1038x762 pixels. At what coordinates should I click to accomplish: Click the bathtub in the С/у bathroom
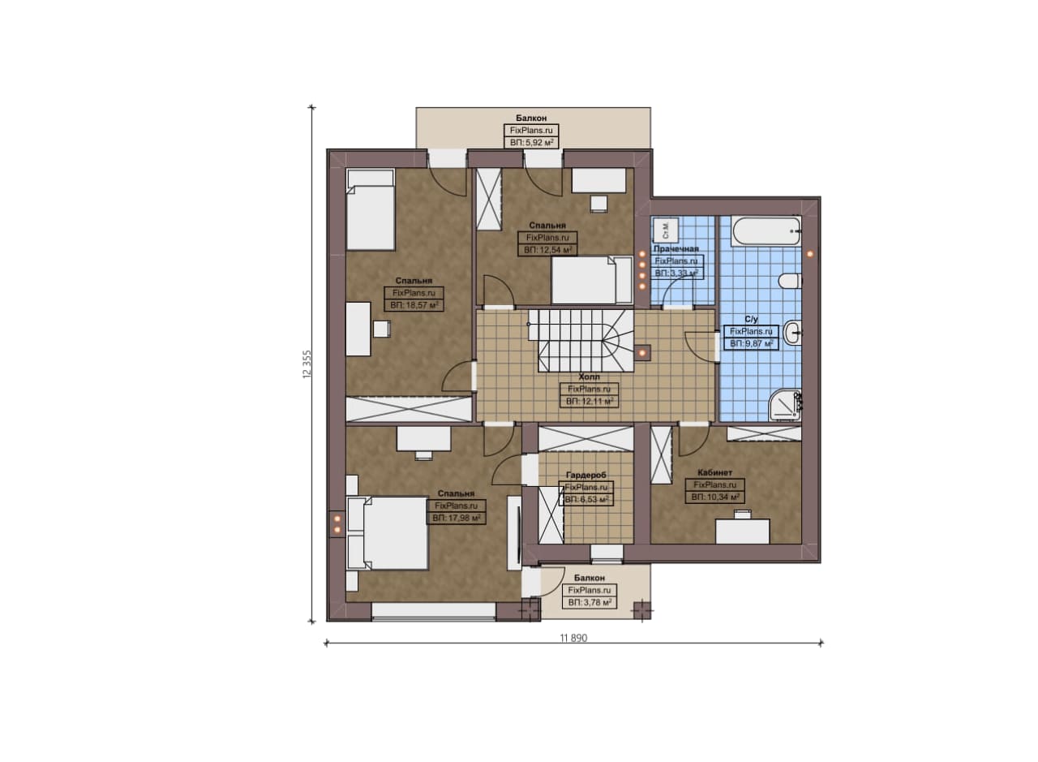tap(766, 231)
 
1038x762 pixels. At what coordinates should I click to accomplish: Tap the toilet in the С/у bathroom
tap(790, 281)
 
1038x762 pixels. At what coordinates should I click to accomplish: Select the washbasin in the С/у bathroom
tap(792, 333)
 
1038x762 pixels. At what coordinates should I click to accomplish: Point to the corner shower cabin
tap(784, 405)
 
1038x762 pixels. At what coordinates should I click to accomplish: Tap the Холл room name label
tap(589, 377)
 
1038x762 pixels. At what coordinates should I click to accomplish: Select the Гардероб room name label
tap(585, 475)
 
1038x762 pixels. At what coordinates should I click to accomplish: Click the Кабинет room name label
tap(714, 472)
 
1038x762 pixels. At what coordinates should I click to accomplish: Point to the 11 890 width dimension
tap(573, 638)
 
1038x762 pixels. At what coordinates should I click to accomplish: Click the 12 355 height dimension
tap(307, 364)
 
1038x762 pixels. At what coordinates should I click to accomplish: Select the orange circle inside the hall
tap(643, 353)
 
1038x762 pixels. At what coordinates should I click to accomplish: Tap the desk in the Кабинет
tap(742, 531)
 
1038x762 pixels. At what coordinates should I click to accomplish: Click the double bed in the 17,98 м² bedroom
tap(388, 533)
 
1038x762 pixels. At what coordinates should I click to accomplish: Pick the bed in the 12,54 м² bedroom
tap(592, 280)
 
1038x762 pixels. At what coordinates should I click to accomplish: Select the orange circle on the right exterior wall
tap(810, 254)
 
